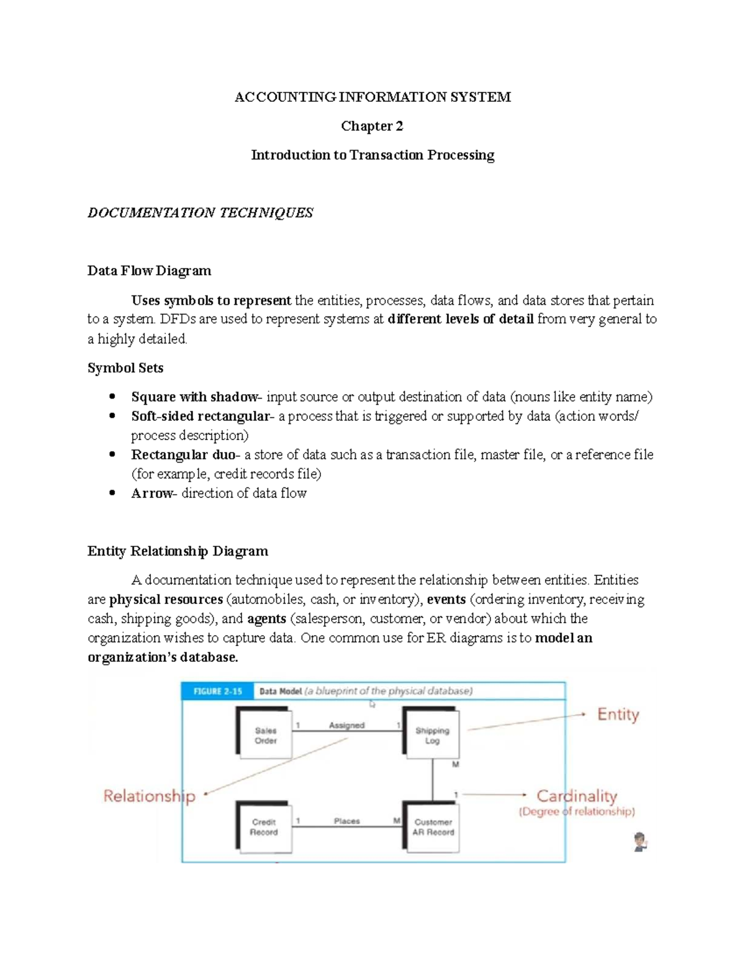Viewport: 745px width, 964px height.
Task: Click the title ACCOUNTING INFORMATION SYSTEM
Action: coord(372,97)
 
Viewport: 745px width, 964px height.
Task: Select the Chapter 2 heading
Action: coord(372,126)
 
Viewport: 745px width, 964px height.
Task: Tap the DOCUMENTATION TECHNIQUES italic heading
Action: coord(200,213)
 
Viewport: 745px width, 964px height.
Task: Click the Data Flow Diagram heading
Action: coord(149,271)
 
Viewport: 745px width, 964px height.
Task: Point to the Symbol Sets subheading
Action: coord(125,368)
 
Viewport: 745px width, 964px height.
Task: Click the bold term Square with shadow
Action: coord(195,397)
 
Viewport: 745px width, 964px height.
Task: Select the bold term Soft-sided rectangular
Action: coord(201,416)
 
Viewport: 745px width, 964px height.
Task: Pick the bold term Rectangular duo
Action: coord(183,454)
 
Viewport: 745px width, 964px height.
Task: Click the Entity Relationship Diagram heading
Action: coord(178,551)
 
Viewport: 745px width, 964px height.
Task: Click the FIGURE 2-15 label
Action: coord(217,691)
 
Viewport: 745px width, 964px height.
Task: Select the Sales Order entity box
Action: coord(265,735)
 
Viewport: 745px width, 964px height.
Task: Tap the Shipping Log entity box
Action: coord(432,735)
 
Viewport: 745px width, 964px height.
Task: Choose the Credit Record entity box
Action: coord(264,827)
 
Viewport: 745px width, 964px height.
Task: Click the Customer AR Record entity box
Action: coord(433,827)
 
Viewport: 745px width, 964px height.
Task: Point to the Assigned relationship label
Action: coord(346,725)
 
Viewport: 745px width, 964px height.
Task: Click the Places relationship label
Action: coord(346,821)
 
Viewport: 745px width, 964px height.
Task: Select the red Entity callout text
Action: coord(618,714)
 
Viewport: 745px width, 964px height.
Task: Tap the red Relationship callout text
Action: coord(149,796)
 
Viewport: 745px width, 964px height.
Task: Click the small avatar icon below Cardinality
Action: coord(640,842)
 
